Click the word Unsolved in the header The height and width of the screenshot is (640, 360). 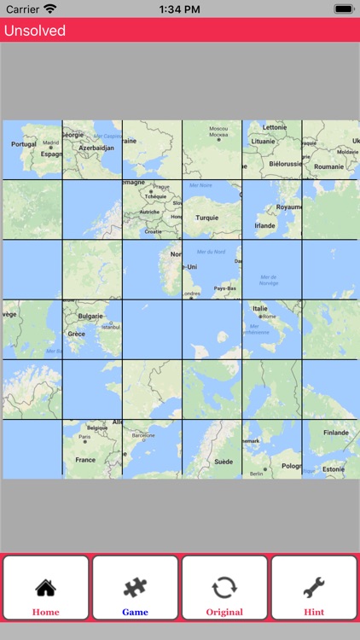click(35, 31)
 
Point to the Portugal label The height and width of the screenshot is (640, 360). click(24, 144)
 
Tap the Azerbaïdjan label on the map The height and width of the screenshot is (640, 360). click(96, 148)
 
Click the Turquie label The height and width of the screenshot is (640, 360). click(207, 218)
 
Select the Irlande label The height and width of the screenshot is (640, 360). click(265, 225)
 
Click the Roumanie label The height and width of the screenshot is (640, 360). click(328, 166)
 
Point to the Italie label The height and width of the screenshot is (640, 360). click(259, 308)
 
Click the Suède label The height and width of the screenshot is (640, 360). click(224, 461)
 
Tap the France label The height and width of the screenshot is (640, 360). click(85, 459)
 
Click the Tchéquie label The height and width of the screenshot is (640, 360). click(154, 195)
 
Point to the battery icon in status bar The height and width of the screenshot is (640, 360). click(344, 9)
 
